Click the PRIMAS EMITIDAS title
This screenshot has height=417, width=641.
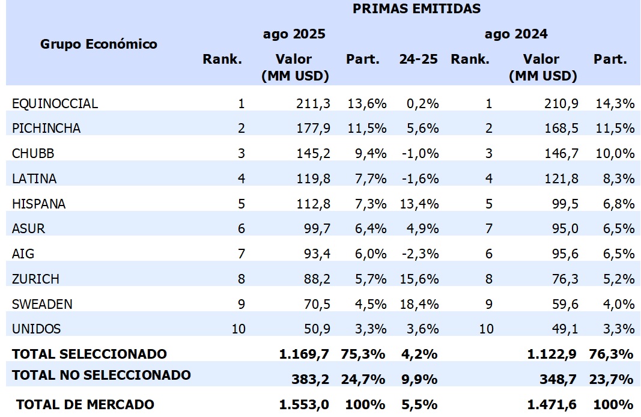416,8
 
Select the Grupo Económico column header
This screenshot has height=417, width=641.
99,44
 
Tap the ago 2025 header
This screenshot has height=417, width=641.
294,34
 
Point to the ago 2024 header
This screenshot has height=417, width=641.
516,34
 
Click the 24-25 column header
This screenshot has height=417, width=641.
418,59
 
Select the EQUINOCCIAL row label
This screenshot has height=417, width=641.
55,103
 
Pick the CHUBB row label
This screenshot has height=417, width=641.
33,153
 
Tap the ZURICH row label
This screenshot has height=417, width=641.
36,279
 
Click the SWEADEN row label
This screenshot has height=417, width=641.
42,304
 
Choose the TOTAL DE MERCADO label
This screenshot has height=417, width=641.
85,404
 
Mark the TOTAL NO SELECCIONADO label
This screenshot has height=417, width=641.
102,376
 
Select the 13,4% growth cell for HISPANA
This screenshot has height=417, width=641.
419,204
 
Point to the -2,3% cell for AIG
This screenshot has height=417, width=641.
420,254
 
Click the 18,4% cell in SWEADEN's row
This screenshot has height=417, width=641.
419,304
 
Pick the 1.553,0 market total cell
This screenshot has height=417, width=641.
304,404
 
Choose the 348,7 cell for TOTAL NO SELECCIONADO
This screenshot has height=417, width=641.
562,379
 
